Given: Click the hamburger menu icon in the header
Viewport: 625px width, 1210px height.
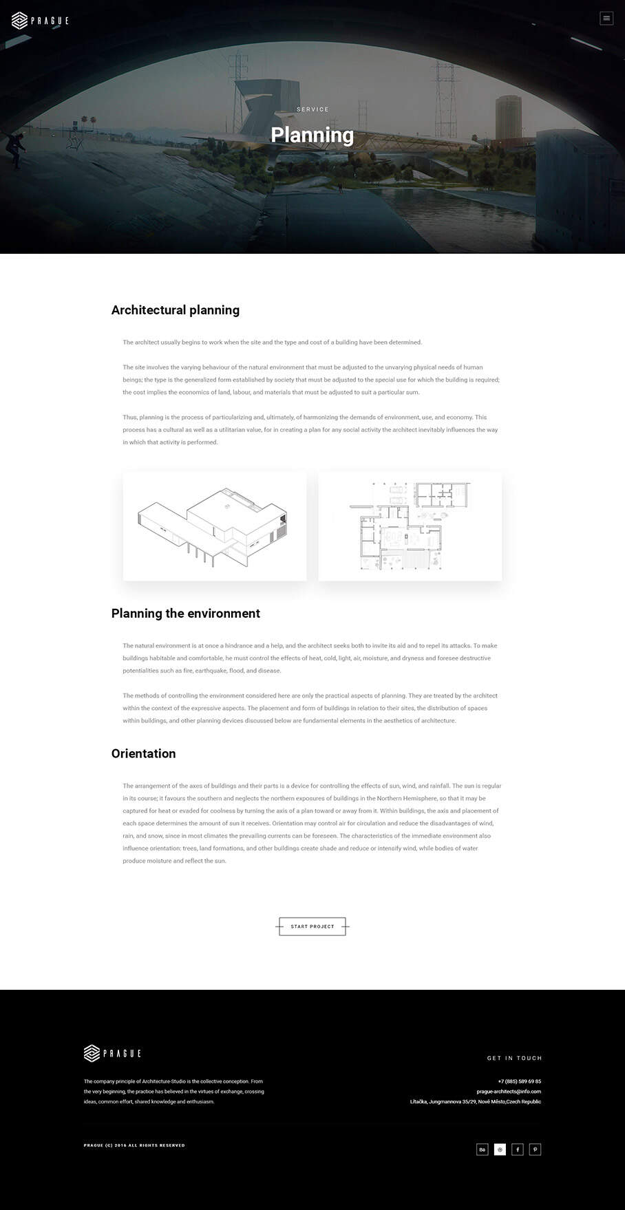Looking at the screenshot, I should tap(606, 19).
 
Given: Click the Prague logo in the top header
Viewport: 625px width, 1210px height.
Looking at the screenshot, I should tap(40, 21).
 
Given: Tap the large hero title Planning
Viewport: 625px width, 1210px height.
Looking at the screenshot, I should tap(312, 135).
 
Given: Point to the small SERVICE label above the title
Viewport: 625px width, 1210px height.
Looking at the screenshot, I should tap(312, 109).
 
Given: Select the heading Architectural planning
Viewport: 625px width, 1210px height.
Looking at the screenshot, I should tap(176, 310).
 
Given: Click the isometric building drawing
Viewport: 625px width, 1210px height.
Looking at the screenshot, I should tap(215, 526).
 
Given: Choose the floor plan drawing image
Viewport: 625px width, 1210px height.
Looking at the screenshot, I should tap(410, 526).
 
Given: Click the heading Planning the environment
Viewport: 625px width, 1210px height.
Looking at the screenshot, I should tap(186, 614).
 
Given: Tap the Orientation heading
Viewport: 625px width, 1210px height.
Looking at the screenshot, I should tap(143, 754).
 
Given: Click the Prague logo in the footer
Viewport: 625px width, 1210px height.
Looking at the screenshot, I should tap(112, 1053).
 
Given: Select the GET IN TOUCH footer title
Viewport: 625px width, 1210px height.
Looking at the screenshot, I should tap(514, 1058).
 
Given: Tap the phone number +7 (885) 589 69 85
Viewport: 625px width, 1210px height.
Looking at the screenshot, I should tap(519, 1081).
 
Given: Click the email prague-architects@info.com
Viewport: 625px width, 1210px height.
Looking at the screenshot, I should tap(509, 1092).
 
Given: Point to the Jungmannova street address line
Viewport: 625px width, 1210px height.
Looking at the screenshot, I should tap(476, 1102).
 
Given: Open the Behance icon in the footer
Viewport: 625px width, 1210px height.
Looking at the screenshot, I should tap(483, 1149).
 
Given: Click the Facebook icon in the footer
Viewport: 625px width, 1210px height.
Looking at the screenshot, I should tap(518, 1149).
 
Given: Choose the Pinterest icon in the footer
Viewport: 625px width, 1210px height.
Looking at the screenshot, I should tap(536, 1149).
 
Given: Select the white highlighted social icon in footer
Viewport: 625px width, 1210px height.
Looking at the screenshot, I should tap(500, 1149).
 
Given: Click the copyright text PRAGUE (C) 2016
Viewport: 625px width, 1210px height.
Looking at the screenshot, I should tap(134, 1145).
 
